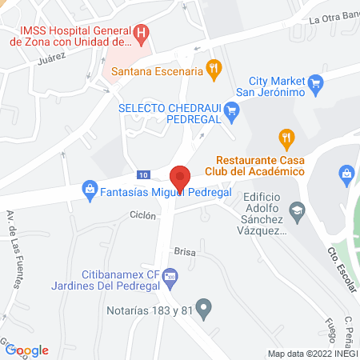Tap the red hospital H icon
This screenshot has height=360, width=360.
tap(142, 34)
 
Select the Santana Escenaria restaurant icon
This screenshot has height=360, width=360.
tap(213, 70)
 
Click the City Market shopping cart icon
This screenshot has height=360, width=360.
tap(315, 81)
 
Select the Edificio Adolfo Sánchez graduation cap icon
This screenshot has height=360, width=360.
tap(298, 210)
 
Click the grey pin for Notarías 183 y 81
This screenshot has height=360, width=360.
tap(204, 306)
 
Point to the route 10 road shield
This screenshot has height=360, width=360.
tap(142, 174)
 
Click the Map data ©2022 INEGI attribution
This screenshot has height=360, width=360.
tap(313, 354)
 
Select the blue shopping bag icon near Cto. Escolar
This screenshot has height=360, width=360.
tap(347, 173)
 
